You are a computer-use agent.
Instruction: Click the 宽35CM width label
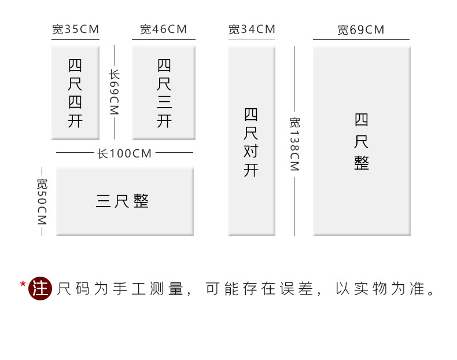pyautogui.click(x=75, y=30)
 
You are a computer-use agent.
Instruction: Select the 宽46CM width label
pyautogui.click(x=164, y=30)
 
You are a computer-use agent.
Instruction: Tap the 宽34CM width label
pyautogui.click(x=252, y=30)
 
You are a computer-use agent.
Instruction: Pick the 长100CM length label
pyautogui.click(x=124, y=153)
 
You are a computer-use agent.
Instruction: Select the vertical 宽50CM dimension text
pyautogui.click(x=42, y=201)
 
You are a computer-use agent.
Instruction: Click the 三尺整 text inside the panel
pyautogui.click(x=123, y=201)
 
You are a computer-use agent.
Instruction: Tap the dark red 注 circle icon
pyautogui.click(x=40, y=288)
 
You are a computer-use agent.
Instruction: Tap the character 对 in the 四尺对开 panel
pyautogui.click(x=251, y=152)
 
